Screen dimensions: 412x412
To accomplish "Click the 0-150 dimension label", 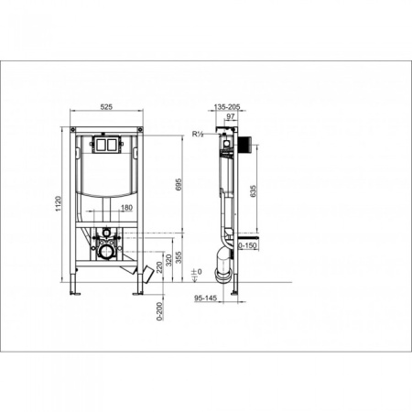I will coord(247,245).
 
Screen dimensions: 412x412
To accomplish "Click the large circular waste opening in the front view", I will coord(108,251).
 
